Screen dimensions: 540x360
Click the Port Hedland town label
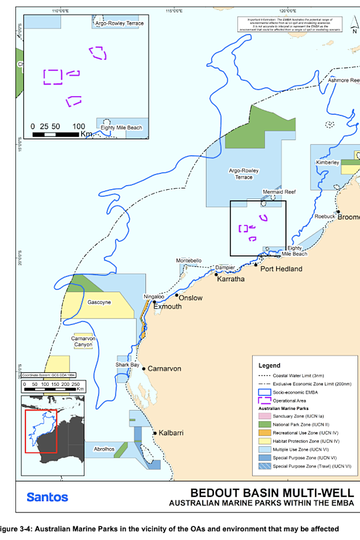[280, 269]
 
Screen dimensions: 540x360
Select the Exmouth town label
[167, 306]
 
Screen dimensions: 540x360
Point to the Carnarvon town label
[164, 369]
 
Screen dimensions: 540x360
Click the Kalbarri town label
[173, 433]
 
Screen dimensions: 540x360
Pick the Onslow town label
[190, 297]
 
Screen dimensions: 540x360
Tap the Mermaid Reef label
[279, 192]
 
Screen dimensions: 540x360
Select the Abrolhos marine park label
[104, 449]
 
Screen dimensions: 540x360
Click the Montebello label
[189, 261]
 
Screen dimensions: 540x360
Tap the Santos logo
[47, 497]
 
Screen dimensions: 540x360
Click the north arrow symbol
[353, 25]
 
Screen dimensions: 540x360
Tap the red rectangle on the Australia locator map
[41, 430]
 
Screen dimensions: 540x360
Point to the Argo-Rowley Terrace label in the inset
[119, 23]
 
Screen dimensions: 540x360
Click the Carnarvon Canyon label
[83, 341]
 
